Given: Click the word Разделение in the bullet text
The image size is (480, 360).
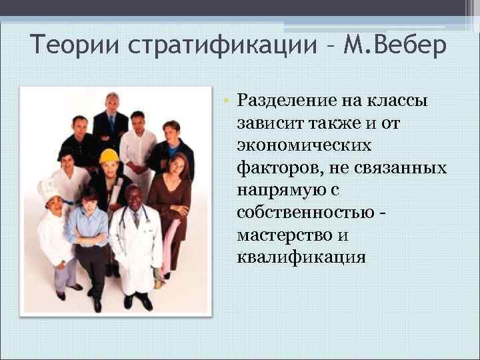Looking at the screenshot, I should (285, 101).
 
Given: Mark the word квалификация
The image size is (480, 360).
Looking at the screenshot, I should (301, 257).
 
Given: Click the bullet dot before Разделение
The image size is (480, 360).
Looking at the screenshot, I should (227, 101).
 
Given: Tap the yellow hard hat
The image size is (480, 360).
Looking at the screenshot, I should (109, 156).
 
